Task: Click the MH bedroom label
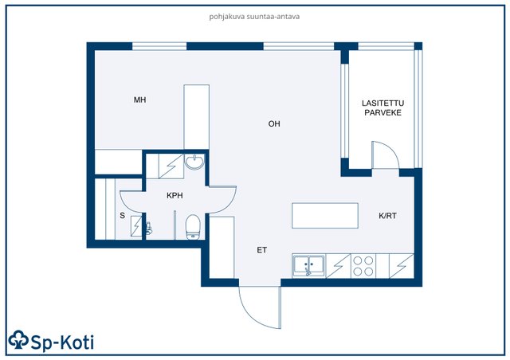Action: click(x=140, y=100)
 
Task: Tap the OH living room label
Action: click(x=274, y=124)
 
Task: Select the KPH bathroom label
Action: click(x=175, y=195)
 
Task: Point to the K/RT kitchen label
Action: click(x=388, y=216)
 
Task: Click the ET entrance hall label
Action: click(x=262, y=250)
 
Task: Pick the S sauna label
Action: click(x=122, y=216)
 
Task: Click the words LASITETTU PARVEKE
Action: click(x=382, y=108)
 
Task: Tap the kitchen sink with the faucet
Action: click(x=308, y=265)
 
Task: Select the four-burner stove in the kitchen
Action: click(x=363, y=266)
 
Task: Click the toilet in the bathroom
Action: click(x=192, y=227)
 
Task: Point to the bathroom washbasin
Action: click(x=194, y=162)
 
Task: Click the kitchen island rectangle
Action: click(x=325, y=216)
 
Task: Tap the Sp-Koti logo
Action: click(x=51, y=341)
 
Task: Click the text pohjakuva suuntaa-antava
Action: click(x=254, y=16)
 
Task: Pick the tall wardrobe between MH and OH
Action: click(x=196, y=117)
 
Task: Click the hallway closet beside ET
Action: click(x=222, y=247)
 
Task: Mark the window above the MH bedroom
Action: click(x=159, y=46)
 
